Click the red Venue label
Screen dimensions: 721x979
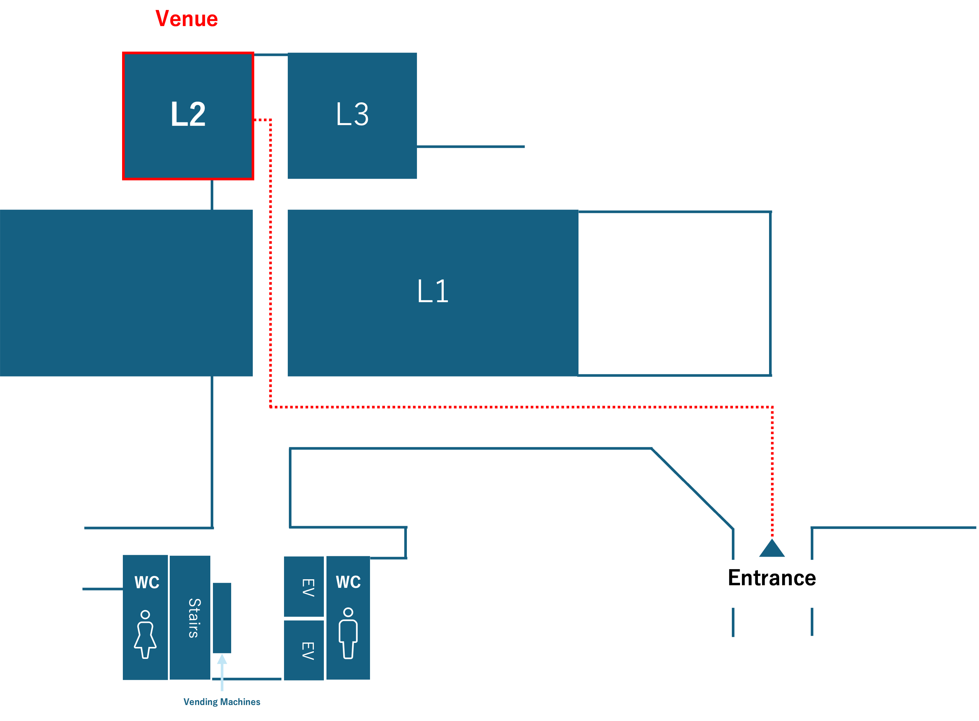point(186,19)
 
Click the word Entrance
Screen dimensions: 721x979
point(772,578)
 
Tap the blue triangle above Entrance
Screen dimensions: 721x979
point(772,549)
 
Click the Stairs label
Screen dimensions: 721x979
point(194,618)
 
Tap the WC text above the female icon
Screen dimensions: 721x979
point(147,583)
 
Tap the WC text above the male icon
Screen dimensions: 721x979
point(348,582)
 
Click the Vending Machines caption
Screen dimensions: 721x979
point(221,702)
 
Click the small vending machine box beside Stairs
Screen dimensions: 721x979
point(222,618)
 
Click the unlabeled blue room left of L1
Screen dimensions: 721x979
point(126,292)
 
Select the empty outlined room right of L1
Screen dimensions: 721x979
point(674,293)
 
